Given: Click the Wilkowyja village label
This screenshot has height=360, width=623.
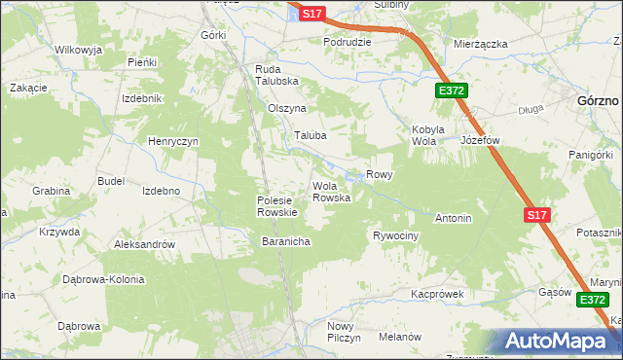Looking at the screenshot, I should [x=79, y=49].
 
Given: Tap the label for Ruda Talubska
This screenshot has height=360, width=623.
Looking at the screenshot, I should [x=276, y=75].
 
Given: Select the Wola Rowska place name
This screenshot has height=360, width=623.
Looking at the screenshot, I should [x=331, y=192].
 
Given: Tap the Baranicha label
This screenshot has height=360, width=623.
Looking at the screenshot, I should [x=285, y=241].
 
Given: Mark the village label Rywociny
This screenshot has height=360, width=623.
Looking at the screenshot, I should [x=395, y=236].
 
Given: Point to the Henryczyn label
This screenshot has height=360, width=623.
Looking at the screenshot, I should [x=173, y=142].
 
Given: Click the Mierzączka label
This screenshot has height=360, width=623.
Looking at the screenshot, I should [x=482, y=44].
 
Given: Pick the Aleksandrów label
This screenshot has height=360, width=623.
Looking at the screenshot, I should [x=144, y=245].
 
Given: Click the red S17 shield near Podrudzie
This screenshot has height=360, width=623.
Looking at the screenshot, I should [x=311, y=14].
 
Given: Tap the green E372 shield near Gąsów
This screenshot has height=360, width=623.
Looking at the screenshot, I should [x=592, y=301].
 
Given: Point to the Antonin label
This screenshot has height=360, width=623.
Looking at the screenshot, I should [x=454, y=218].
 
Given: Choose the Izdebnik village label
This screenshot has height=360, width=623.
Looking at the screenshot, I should [x=141, y=99].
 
